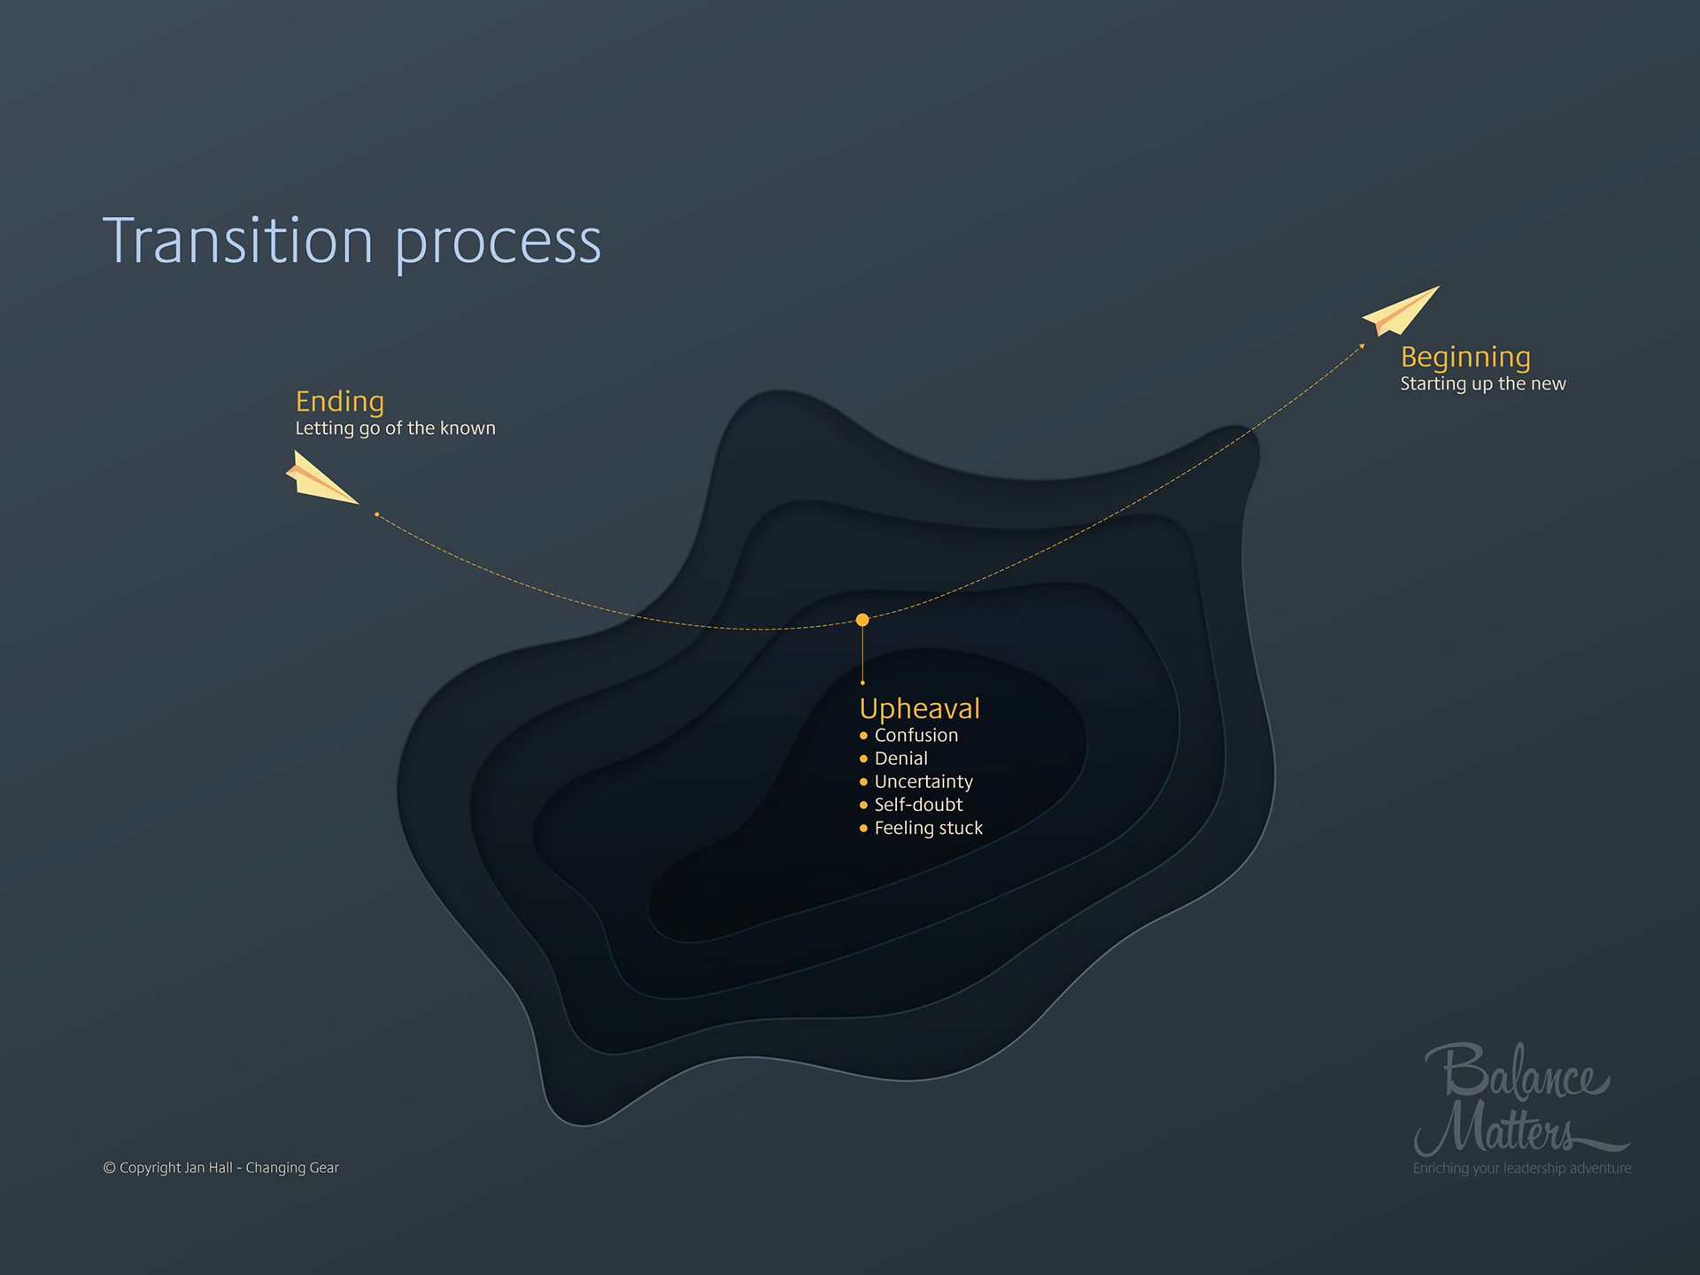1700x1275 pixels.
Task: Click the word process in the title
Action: pyautogui.click(x=498, y=243)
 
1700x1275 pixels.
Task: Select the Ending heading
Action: pyautogui.click(x=339, y=402)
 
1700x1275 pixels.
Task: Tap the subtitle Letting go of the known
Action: pyautogui.click(x=395, y=429)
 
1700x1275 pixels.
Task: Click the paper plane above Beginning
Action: pyautogui.click(x=1402, y=311)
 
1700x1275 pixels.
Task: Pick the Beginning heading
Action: pyautogui.click(x=1465, y=357)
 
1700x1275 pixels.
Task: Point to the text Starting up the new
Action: pyautogui.click(x=1483, y=384)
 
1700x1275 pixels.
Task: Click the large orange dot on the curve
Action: pyautogui.click(x=862, y=620)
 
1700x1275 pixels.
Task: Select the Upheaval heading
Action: pyautogui.click(x=919, y=708)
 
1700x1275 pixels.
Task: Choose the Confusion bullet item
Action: pyautogui.click(x=916, y=736)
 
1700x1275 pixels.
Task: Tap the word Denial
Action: pyautogui.click(x=900, y=759)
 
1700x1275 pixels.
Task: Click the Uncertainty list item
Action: pyautogui.click(x=923, y=782)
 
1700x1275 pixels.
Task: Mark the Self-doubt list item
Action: pyautogui.click(x=918, y=805)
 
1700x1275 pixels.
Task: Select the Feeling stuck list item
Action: pyautogui.click(x=928, y=828)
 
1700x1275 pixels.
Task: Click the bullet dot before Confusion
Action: pyautogui.click(x=863, y=736)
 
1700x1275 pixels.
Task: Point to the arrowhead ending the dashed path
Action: pyautogui.click(x=1362, y=346)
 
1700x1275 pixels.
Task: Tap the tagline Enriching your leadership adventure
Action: pyautogui.click(x=1521, y=1169)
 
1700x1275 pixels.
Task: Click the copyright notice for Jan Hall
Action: pyautogui.click(x=220, y=1168)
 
